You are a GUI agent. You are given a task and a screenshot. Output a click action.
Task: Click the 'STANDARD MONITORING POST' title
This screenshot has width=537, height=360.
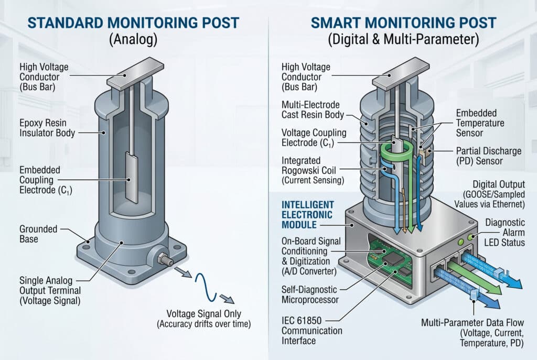133,23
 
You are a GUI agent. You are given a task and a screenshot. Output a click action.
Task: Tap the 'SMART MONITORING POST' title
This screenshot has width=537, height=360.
403,23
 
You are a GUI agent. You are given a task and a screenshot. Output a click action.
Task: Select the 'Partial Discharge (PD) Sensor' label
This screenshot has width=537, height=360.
488,156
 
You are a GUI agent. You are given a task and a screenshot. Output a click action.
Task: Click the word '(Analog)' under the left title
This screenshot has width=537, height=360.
133,40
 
